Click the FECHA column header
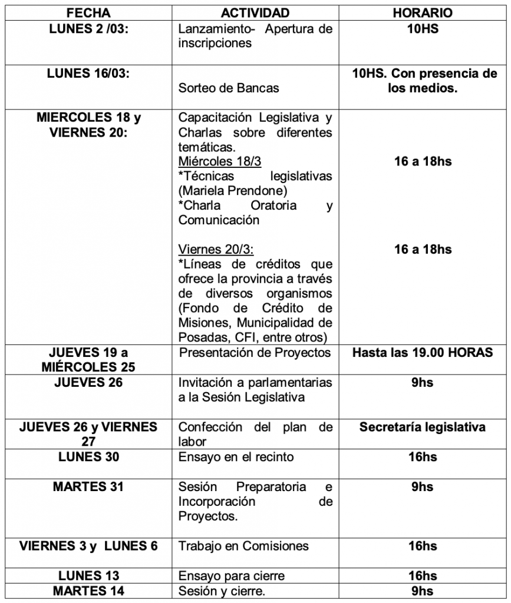[x=88, y=13]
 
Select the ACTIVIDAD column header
[x=255, y=13]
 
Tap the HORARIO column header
[x=423, y=13]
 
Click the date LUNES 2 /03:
[x=88, y=28]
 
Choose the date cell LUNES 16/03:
[x=88, y=74]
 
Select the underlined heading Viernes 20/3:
[x=216, y=249]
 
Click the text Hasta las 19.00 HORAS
[x=423, y=353]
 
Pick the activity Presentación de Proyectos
[x=255, y=353]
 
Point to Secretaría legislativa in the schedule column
[x=423, y=427]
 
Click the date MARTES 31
[x=88, y=487]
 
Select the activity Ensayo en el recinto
[x=236, y=457]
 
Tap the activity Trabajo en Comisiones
[x=243, y=546]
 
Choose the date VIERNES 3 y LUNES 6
[x=88, y=546]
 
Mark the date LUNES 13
[x=88, y=575]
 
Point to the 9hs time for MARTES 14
[x=423, y=591]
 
